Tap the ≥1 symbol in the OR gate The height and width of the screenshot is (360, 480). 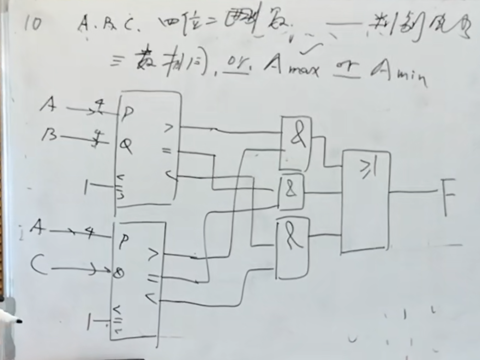coord(368,169)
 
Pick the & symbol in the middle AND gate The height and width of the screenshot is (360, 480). coord(291,190)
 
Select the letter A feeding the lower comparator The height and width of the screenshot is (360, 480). coord(38,228)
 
